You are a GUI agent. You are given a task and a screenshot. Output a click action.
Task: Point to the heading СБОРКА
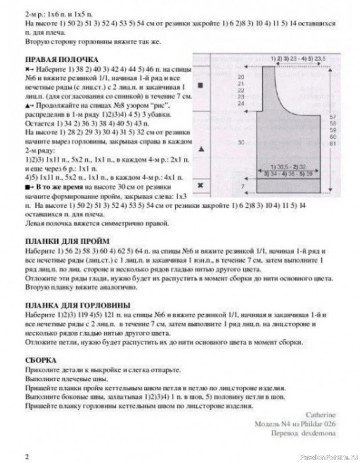41,359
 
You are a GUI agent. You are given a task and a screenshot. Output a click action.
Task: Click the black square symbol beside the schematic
201,86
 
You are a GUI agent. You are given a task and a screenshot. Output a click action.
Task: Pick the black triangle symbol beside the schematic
201,149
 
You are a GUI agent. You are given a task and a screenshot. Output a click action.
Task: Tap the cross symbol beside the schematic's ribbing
201,185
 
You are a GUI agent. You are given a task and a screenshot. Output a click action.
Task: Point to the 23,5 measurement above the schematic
319,60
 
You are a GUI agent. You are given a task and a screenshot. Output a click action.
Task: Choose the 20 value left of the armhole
240,77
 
